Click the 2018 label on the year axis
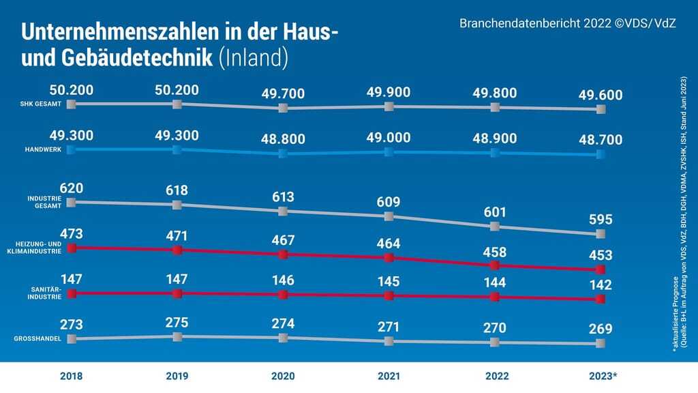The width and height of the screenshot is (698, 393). pyautogui.click(x=72, y=376)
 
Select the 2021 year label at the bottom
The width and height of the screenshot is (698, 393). pyautogui.click(x=389, y=376)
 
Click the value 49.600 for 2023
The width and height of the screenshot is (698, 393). pyautogui.click(x=600, y=95)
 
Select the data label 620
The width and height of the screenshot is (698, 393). pyautogui.click(x=72, y=188)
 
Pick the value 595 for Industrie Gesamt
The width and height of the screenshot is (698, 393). pyautogui.click(x=600, y=220)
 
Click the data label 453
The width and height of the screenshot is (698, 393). pyautogui.click(x=600, y=256)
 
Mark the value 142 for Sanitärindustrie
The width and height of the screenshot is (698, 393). pyautogui.click(x=600, y=285)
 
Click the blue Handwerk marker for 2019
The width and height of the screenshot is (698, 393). pyautogui.click(x=177, y=149)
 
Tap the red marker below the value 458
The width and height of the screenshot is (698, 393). pyautogui.click(x=495, y=265)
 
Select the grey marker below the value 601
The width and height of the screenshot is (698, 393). pyautogui.click(x=495, y=227)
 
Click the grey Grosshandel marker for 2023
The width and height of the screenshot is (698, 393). pyautogui.click(x=600, y=343)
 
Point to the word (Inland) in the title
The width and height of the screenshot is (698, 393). pyautogui.click(x=254, y=58)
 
